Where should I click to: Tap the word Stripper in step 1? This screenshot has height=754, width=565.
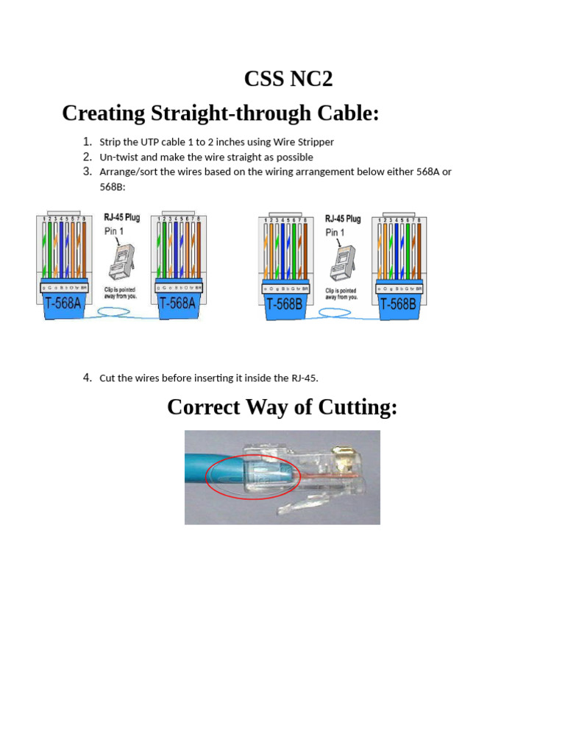[315, 142]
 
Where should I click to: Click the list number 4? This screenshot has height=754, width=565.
[87, 378]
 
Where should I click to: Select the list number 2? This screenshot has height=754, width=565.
[87, 157]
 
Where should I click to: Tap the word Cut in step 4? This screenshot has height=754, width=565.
[107, 378]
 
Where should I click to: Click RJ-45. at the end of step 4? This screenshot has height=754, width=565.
[303, 378]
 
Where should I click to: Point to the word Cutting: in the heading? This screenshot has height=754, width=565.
[355, 406]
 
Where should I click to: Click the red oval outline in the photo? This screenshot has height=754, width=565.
[208, 479]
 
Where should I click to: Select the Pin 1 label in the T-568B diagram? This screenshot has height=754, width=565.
[335, 233]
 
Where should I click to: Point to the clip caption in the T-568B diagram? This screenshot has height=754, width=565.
[341, 294]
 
